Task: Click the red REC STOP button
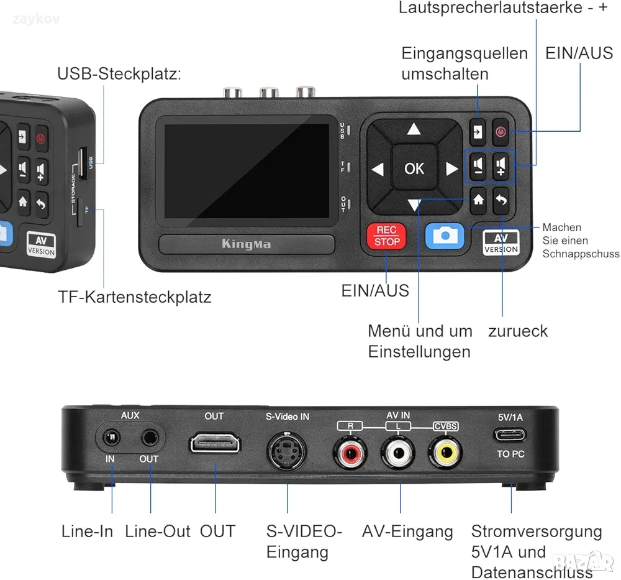click(387, 236)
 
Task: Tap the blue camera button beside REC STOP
click(445, 235)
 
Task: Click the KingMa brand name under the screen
click(247, 244)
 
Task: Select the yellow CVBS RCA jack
click(446, 452)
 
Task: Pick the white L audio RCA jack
click(398, 452)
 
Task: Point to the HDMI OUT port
click(215, 444)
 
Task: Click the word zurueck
click(518, 331)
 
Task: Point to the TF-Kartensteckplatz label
click(135, 297)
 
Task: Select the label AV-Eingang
click(407, 532)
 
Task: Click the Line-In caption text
click(87, 532)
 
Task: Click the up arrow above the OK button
click(414, 129)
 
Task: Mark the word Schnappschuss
click(581, 254)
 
